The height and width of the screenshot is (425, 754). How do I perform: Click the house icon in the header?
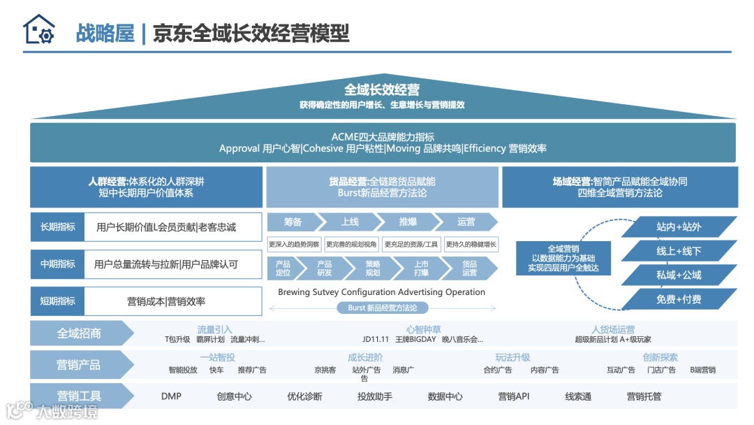click(x=38, y=30)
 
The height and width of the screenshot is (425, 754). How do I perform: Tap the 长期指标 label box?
click(x=57, y=226)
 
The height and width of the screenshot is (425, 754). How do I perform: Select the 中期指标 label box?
click(x=57, y=264)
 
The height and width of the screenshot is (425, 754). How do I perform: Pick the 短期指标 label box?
click(x=57, y=301)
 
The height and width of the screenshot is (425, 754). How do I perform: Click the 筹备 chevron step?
click(x=293, y=222)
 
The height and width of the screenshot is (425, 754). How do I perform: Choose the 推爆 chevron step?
click(x=408, y=222)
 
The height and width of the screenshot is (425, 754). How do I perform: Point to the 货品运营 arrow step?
click(x=470, y=268)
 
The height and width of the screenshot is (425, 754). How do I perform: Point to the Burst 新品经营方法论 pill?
click(x=382, y=308)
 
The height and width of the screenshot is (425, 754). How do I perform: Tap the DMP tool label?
click(x=171, y=396)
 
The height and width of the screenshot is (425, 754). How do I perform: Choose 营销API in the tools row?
click(x=513, y=396)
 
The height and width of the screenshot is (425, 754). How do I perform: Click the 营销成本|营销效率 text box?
click(x=166, y=301)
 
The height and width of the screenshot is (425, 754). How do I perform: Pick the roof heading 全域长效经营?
click(x=382, y=89)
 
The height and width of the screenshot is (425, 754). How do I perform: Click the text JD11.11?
click(x=376, y=340)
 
